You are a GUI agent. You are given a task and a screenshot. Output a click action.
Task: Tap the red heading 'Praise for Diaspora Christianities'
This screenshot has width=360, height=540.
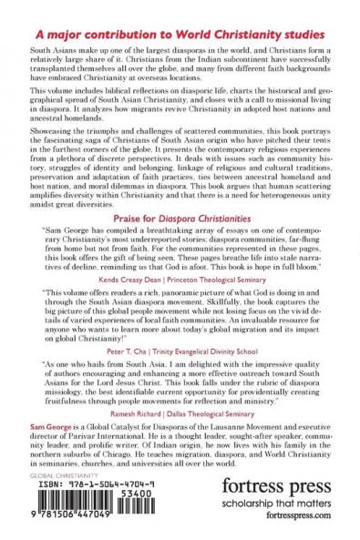[180, 219]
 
